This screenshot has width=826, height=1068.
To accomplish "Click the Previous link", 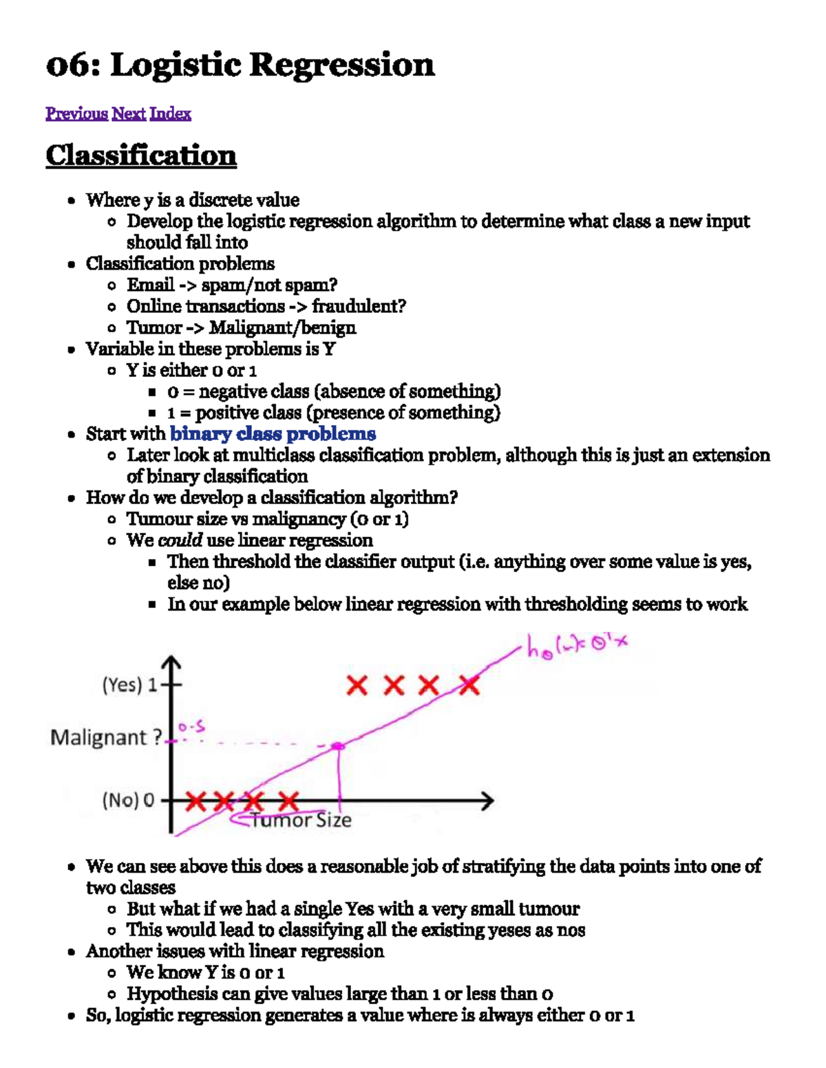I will coord(76,113).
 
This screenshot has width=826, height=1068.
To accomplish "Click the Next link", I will coord(129,113).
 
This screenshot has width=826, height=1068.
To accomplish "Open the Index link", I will coord(170,113).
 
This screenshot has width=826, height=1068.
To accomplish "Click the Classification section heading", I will coord(141,155).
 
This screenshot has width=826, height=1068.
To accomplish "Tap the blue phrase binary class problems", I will coord(273,434).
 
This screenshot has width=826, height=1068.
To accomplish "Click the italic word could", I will coord(180,541).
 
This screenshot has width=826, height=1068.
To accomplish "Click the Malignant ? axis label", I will coord(106,738).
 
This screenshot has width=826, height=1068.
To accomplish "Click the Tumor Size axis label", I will coord(301,820).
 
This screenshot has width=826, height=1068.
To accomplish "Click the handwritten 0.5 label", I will coord(191,727).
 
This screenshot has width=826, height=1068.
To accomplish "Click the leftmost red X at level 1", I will coord(357,685).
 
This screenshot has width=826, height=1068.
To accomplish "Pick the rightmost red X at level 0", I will coord(289,800).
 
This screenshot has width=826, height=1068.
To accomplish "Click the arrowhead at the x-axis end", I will coord(487,800).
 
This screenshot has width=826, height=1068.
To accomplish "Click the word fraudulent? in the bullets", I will coord(359,307).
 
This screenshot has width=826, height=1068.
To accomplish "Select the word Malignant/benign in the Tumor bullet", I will coord(282,328).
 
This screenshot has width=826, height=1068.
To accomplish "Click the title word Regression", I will coord(341,66).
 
